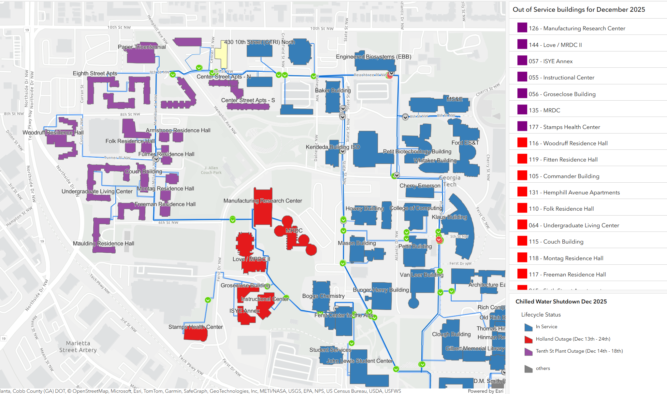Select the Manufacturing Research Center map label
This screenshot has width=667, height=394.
click(263, 201)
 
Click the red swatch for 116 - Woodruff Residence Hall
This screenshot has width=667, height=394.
click(522, 143)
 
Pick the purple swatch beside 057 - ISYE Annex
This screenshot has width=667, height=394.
click(522, 61)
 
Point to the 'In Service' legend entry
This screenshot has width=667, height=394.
click(546, 327)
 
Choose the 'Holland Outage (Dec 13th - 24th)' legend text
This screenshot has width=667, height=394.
click(573, 339)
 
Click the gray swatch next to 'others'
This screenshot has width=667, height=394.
click(528, 369)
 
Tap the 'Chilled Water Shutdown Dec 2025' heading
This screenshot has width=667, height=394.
click(561, 302)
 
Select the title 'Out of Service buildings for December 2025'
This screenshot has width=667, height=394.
click(579, 9)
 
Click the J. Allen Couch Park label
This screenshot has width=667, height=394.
click(211, 170)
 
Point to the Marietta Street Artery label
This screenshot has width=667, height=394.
click(78, 347)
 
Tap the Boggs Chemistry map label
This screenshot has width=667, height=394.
click(323, 296)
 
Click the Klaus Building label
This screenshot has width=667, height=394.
click(449, 217)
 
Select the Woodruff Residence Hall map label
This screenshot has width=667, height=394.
click(53, 133)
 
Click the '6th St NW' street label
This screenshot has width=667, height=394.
click(168, 223)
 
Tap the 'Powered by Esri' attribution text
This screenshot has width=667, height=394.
click(486, 391)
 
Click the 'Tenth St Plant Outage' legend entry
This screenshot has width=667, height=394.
click(579, 351)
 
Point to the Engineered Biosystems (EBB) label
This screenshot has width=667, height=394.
click(373, 57)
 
